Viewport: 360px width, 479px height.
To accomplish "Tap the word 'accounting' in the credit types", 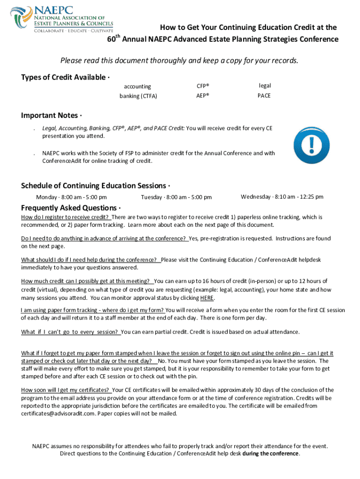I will coord(137,87).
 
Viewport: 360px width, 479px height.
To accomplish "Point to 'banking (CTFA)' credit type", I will coord(138,96).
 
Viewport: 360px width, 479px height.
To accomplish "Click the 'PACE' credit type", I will coord(264,96).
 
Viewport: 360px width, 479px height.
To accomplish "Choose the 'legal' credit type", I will coord(265,86).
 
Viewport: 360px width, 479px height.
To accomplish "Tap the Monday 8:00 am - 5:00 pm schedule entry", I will coord(72,197).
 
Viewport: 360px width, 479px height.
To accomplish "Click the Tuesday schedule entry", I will coord(176,197).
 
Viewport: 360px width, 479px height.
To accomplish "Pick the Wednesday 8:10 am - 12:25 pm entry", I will coord(282,197).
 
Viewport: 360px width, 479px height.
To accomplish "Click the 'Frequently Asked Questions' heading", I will coord(70,208).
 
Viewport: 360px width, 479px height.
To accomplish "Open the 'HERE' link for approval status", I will coord(207,298).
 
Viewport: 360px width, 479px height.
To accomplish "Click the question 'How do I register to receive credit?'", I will coord(65,218).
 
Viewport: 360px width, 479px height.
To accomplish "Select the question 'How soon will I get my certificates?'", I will coord(65,390).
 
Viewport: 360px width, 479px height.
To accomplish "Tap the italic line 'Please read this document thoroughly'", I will coord(179,61).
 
